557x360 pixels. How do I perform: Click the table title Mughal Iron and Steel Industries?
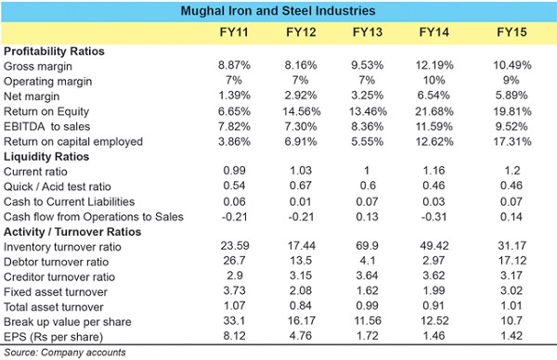278,10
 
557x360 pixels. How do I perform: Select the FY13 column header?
368,32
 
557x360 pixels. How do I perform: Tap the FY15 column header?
512,32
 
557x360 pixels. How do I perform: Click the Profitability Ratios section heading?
54,51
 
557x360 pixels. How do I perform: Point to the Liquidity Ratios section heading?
46,157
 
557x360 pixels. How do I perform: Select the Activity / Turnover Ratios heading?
72,232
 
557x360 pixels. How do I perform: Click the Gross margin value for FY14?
434,65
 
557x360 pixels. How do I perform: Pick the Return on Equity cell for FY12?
301,111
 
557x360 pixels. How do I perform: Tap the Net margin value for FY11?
234,96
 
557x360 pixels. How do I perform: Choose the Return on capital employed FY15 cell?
512,142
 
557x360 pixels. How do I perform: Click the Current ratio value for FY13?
367,171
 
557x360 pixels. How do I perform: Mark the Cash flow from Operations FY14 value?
434,217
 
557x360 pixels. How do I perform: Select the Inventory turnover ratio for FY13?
368,246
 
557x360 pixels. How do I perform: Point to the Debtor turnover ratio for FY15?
512,261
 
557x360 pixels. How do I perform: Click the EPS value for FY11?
234,336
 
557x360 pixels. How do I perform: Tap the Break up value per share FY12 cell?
301,321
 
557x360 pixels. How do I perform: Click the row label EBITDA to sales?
47,127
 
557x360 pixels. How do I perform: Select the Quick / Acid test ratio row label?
58,186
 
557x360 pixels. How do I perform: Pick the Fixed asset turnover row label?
56,292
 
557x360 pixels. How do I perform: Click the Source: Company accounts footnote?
65,353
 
